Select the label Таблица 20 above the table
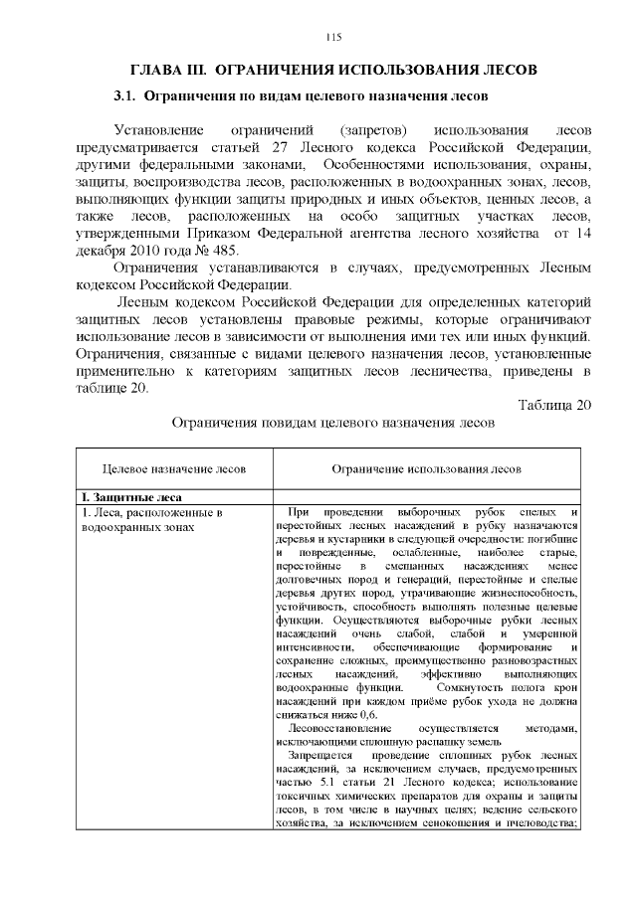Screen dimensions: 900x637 pos(555,405)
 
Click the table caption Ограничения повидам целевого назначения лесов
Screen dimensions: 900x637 pos(332,423)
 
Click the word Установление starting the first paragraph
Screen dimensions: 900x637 pos(158,131)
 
